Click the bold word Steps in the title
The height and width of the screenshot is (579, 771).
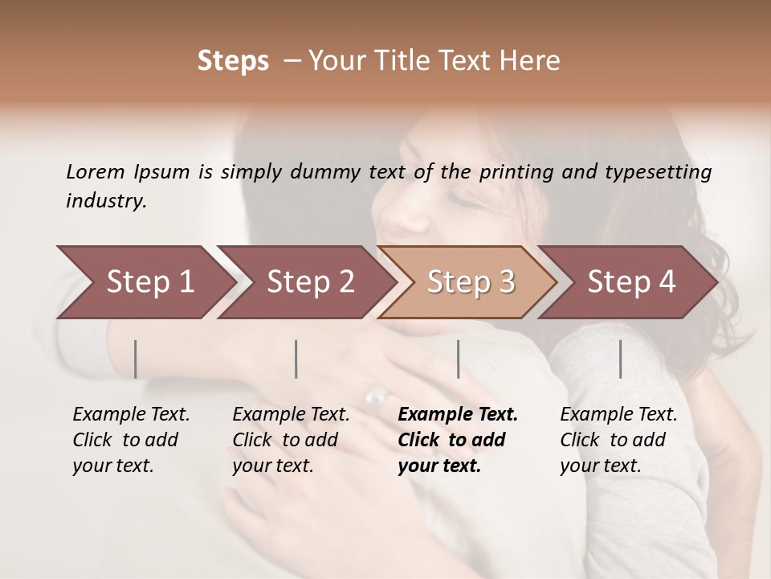(233, 61)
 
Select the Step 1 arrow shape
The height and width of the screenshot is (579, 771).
(145, 282)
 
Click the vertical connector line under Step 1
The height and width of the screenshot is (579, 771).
(136, 359)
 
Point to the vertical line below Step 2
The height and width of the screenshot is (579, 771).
(296, 359)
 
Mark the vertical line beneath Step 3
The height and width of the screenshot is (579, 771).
(458, 359)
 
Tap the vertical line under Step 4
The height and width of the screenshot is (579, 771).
(620, 359)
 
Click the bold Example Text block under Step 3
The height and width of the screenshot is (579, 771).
(457, 440)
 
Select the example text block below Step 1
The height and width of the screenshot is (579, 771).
(131, 440)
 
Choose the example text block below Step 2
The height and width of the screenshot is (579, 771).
(291, 440)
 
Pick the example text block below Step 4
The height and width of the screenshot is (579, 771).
(618, 440)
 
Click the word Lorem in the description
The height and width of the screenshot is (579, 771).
(96, 171)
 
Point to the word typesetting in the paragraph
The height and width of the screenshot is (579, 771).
(658, 172)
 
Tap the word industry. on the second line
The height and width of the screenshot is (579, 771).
(106, 201)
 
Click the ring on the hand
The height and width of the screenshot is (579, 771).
(376, 396)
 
